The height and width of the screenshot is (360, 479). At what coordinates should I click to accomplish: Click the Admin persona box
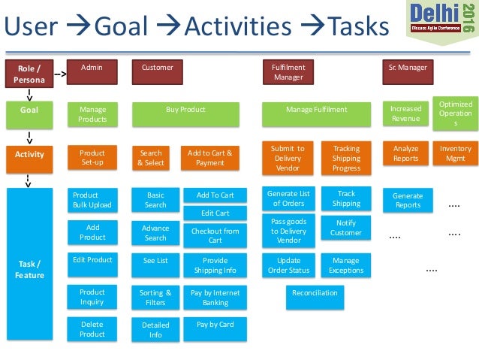tap(92, 71)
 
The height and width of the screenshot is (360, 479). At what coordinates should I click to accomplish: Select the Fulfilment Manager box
tap(289, 71)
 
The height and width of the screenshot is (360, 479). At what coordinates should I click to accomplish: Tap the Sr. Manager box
tap(408, 71)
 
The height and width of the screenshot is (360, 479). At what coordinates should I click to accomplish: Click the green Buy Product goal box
tap(185, 114)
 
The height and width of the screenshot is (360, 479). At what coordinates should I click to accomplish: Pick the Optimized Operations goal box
tap(455, 113)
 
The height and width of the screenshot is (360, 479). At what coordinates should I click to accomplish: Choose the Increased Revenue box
tap(406, 114)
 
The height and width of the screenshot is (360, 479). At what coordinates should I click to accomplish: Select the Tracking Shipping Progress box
tap(346, 158)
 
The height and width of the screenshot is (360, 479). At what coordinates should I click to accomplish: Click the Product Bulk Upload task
tap(92, 200)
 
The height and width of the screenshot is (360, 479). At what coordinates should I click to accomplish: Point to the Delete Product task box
tap(92, 329)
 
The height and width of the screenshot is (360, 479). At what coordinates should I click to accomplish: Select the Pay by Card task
tap(215, 325)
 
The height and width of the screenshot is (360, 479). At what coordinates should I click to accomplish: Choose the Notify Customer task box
tap(346, 228)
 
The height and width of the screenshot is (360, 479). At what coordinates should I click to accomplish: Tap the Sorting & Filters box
tap(155, 298)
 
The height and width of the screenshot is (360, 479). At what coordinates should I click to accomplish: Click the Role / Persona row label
tap(29, 74)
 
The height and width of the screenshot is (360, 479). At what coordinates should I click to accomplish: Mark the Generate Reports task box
tap(408, 201)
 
